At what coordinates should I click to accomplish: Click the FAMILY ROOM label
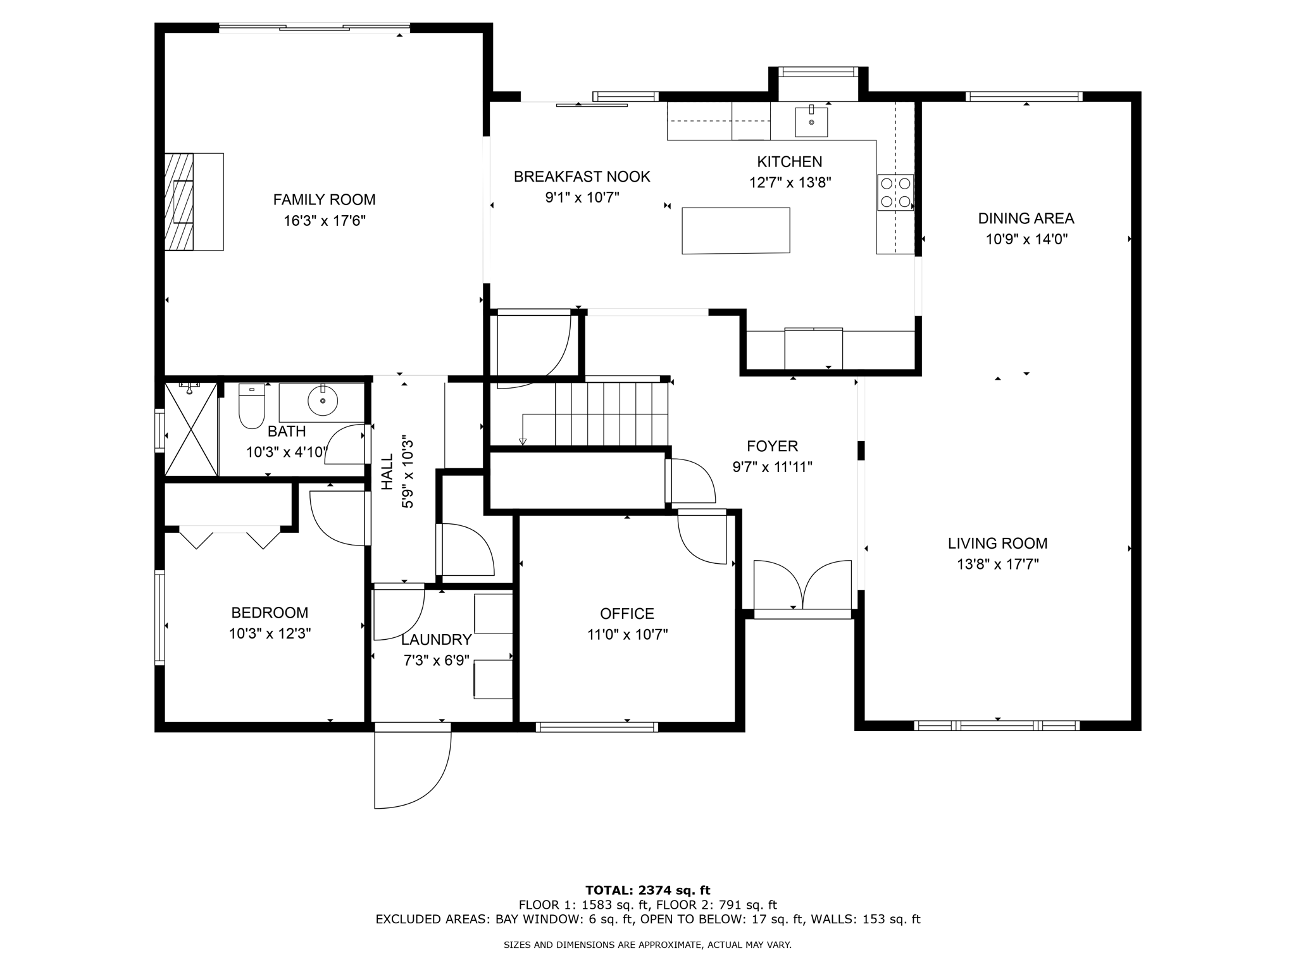pos(324,200)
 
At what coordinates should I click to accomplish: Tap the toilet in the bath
pos(251,406)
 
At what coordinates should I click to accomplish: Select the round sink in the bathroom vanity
pos(323,401)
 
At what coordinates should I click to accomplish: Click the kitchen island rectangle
pos(735,230)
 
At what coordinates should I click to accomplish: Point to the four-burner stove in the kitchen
pos(895,192)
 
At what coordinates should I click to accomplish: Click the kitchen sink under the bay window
pos(811,122)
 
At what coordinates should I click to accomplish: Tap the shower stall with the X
pos(190,428)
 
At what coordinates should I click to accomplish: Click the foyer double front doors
pos(802,585)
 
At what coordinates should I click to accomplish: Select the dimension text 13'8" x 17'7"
pos(997,564)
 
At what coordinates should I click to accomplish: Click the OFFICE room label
pos(626,614)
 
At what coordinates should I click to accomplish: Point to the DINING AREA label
pos(1026,219)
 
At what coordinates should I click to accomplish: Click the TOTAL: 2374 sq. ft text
pos(647,891)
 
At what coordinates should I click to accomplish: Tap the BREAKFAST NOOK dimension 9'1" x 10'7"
pos(582,198)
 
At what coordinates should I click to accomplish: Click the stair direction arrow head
pos(523,441)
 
